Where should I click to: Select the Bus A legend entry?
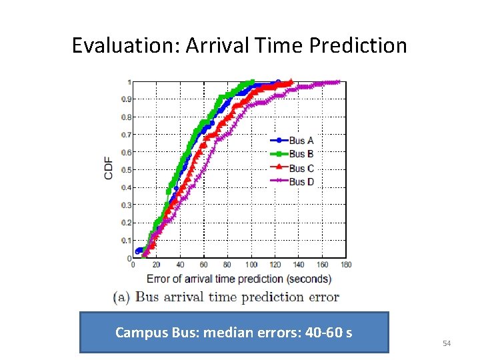pos(301,141)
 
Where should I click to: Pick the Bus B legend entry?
pos(301,154)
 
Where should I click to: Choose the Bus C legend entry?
pos(301,168)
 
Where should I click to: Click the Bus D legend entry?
pos(301,181)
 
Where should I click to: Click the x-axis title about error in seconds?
pos(239,279)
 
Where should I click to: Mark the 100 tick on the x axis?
pos(251,265)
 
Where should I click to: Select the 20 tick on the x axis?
pos(156,265)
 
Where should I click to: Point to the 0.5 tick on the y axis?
pos(127,170)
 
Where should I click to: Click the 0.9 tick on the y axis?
pos(127,99)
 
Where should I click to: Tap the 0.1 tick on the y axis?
pos(127,240)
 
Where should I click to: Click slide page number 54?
pos(447,343)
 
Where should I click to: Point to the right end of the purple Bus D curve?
pos(339,82)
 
